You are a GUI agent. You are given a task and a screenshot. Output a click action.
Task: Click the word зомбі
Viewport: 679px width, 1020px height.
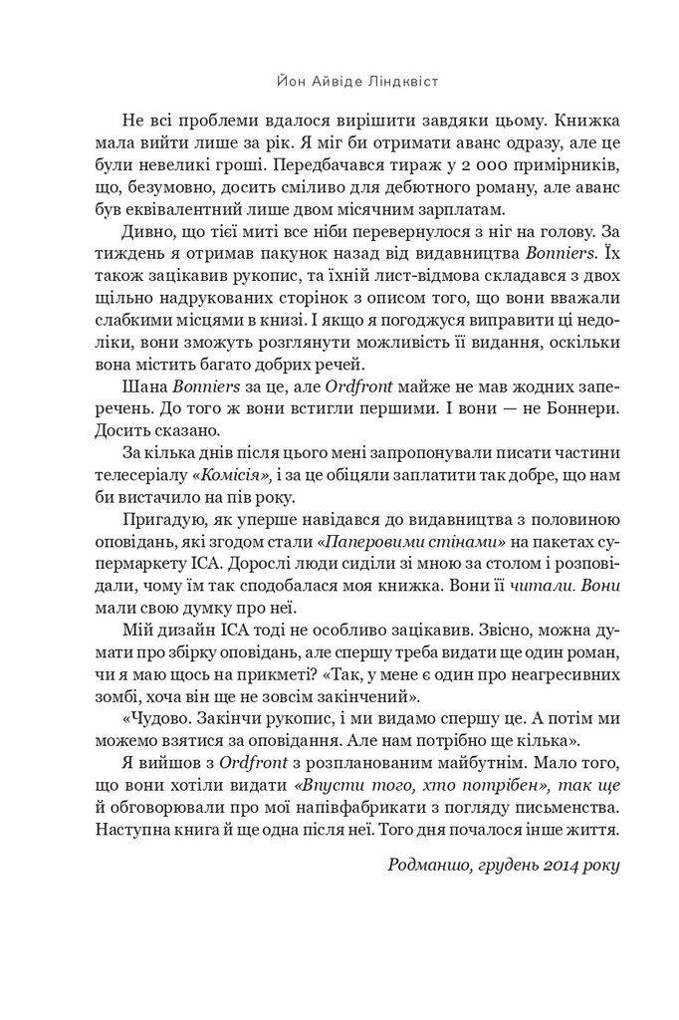pyautogui.click(x=142, y=695)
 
